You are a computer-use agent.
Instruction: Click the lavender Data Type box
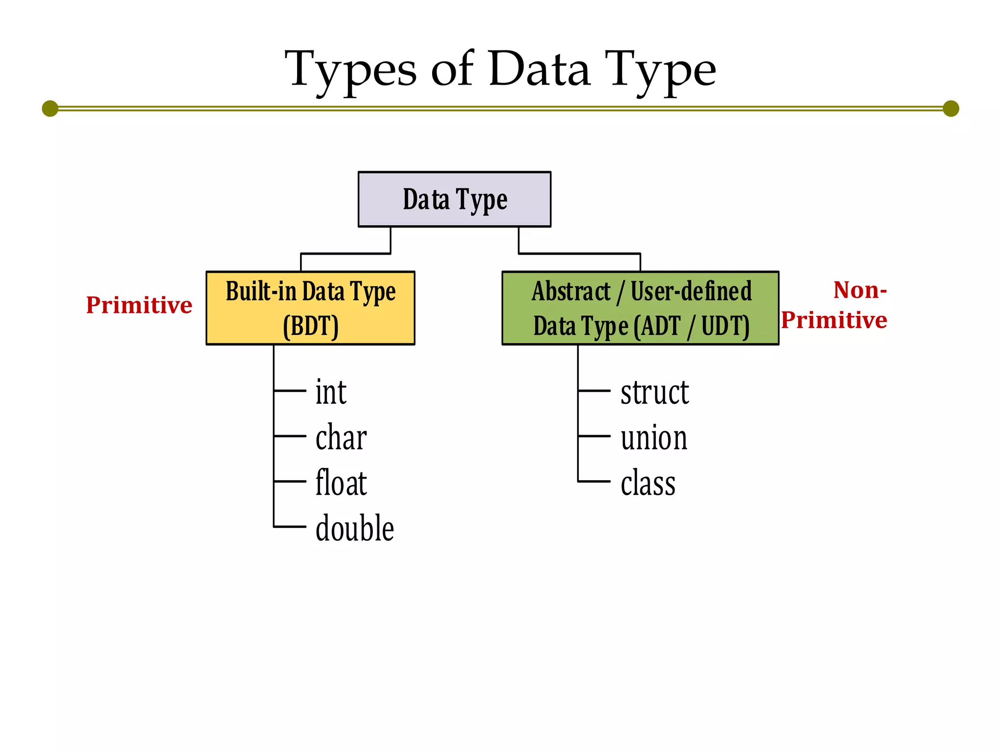tap(455, 199)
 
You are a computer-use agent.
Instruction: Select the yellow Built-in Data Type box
tap(310, 308)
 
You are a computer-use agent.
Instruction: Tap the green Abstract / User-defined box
tap(640, 308)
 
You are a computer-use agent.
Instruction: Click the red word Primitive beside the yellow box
tap(139, 305)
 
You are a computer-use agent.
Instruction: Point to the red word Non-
tap(860, 290)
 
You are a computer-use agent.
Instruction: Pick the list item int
tap(331, 392)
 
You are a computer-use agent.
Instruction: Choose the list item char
tap(341, 437)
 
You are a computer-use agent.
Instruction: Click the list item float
tap(341, 483)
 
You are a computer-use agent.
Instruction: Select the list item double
tap(355, 528)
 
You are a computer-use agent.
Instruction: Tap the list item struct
tap(654, 392)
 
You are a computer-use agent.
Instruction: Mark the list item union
tap(654, 438)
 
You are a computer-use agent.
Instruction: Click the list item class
tap(648, 483)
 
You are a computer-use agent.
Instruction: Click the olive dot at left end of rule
tap(50, 109)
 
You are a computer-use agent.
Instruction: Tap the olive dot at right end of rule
tap(951, 109)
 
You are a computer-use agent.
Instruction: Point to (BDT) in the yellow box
tap(311, 326)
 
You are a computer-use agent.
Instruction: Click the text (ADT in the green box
tap(657, 326)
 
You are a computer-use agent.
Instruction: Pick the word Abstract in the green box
tap(571, 291)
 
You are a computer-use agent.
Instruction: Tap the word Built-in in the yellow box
tap(261, 291)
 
